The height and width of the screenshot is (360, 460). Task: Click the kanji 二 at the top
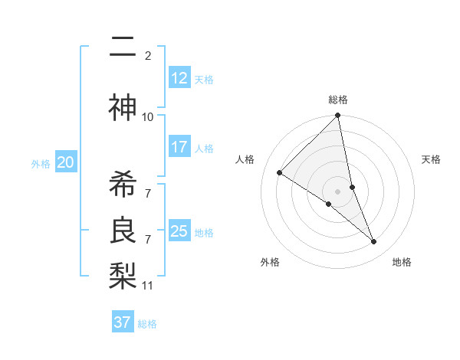coord(123,48)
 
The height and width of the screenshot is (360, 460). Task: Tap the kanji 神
coord(123,108)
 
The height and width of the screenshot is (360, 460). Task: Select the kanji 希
coord(123,182)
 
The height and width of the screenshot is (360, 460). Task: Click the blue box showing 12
coord(179,78)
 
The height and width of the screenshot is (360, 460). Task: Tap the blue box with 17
coord(179,147)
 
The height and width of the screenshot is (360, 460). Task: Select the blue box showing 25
coord(179,231)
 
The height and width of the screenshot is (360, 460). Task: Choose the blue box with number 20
coord(66,162)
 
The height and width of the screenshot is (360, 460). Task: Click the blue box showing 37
coord(122,322)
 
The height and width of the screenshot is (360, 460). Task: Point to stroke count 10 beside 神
coord(148,116)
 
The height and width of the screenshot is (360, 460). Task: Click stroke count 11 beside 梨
coord(148,286)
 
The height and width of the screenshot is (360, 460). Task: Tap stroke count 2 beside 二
coord(148,55)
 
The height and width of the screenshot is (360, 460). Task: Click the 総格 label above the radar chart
coord(338,100)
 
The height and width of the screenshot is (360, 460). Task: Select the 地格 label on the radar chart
coord(402,262)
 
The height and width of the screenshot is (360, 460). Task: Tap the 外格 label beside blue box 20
coord(41,163)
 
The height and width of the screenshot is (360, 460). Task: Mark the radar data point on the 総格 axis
coord(338,116)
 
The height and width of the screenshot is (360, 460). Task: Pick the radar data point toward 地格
coord(374,242)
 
